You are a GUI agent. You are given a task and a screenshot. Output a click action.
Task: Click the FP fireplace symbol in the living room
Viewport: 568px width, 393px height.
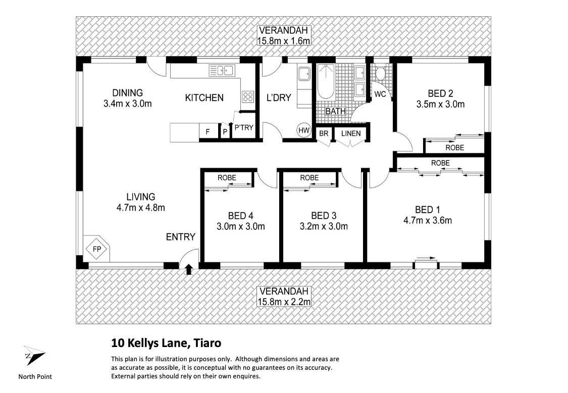[96, 249]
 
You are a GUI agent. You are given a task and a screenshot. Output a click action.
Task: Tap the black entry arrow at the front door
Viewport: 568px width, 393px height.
[189, 269]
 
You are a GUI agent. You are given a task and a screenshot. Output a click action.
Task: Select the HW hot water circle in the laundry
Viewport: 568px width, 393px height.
[303, 130]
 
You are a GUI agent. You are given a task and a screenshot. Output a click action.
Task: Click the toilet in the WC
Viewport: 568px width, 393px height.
[380, 75]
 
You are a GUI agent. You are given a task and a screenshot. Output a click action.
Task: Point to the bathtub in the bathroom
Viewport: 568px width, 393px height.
[325, 82]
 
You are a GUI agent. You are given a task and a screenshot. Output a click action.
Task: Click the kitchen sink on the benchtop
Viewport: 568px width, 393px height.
[221, 71]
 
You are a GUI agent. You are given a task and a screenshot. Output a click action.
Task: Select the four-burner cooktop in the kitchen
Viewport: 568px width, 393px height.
[247, 96]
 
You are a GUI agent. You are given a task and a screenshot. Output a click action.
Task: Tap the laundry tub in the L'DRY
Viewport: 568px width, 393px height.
[304, 75]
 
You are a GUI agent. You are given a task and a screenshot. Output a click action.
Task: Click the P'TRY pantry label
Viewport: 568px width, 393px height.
[243, 128]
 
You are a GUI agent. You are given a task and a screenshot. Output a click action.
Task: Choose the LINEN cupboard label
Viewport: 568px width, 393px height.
[351, 133]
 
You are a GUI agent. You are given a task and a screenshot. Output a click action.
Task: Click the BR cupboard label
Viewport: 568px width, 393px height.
[323, 133]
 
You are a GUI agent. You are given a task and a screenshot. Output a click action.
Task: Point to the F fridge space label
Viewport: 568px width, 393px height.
[207, 132]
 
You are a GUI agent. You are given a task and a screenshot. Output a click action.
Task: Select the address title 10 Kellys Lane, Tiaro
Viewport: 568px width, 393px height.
[166, 343]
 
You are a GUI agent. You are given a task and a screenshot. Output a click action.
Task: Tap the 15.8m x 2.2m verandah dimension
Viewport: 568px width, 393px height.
[283, 302]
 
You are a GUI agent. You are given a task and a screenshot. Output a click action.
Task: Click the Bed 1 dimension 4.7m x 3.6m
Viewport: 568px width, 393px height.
[427, 220]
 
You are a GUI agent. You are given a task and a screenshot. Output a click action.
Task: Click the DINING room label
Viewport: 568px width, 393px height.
[127, 93]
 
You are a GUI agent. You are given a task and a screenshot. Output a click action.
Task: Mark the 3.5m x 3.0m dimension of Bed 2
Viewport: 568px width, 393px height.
[440, 105]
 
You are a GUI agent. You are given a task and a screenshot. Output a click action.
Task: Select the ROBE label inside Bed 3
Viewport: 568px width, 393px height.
[309, 178]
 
